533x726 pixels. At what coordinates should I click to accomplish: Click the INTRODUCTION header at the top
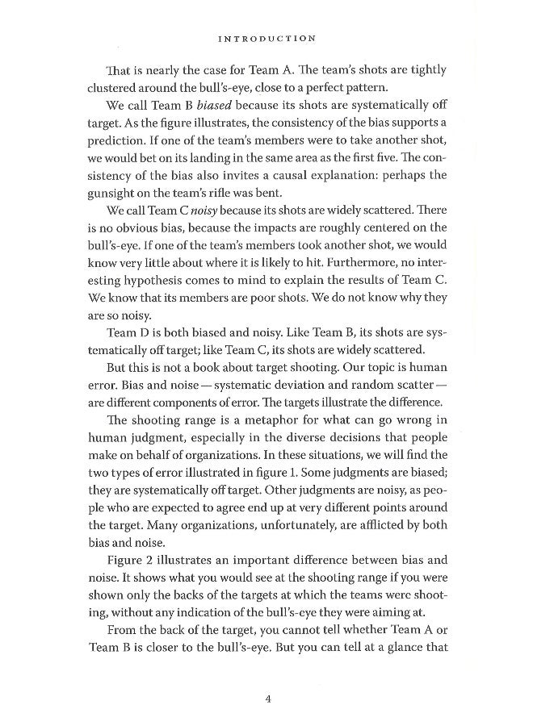pos(266,37)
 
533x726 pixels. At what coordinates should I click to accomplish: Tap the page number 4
pos(266,698)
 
